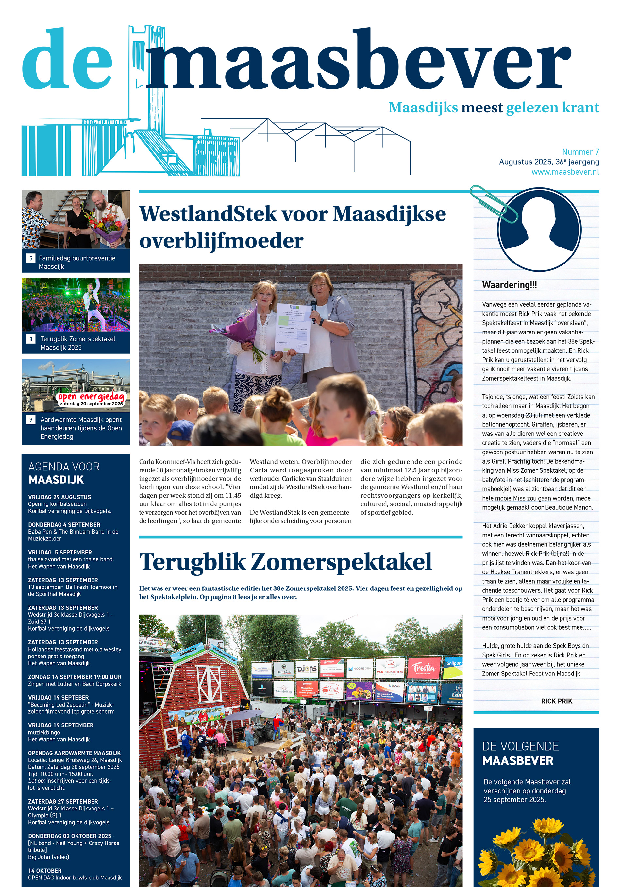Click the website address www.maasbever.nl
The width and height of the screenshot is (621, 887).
[x=565, y=172]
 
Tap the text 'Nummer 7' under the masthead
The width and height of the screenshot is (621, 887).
[x=580, y=152]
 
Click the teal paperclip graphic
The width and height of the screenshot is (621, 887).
[x=493, y=203]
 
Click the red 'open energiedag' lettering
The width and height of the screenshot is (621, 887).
[x=91, y=397]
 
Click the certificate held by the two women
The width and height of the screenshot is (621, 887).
[x=294, y=328]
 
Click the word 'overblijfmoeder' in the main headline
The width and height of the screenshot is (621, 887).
[x=221, y=241]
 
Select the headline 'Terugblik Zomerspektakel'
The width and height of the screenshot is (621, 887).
[x=285, y=562]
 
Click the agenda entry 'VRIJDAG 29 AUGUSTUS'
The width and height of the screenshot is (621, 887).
[x=59, y=497]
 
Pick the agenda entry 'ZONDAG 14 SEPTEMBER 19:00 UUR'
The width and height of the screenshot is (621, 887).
[x=75, y=677]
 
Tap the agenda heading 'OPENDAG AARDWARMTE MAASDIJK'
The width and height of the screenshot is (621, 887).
[x=74, y=753]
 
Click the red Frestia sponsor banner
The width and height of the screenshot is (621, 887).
[x=424, y=669]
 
